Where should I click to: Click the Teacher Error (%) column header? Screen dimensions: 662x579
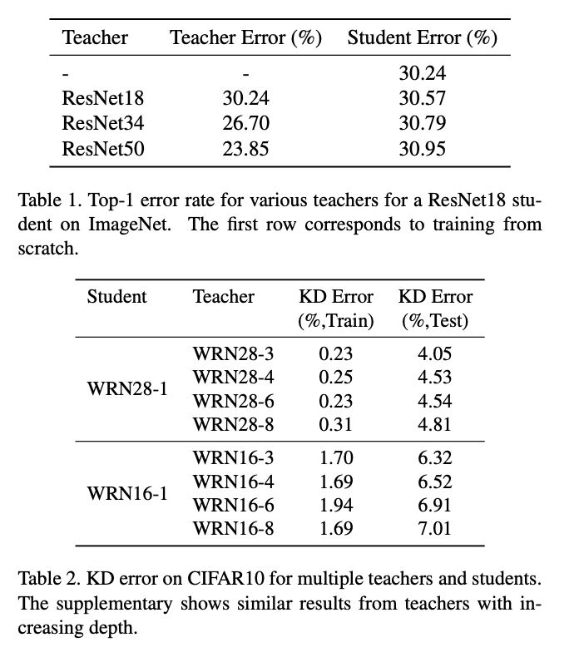245,38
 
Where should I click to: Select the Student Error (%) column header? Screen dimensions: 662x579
422,38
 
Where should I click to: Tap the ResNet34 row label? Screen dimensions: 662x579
103,124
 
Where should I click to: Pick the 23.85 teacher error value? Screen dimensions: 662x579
246,150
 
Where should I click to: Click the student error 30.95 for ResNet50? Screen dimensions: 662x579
422,150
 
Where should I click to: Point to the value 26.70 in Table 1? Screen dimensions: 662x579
246,124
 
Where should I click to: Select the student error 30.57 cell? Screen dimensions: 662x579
422,98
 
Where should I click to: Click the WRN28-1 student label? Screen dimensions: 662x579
127,389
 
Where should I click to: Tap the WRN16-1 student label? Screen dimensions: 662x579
127,492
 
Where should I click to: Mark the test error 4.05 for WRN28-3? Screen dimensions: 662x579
433,354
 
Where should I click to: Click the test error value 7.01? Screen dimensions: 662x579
433,528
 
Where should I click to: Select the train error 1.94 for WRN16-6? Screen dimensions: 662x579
336,505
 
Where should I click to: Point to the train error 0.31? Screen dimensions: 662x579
336,424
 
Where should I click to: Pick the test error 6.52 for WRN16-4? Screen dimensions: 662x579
433,482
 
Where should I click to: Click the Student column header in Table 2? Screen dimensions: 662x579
116,297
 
